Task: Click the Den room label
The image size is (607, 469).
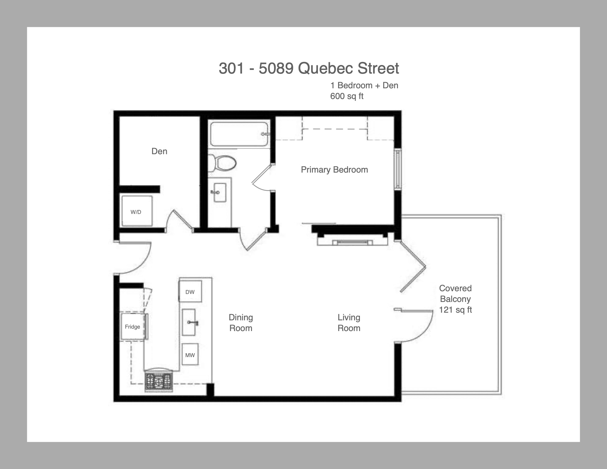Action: pos(159,151)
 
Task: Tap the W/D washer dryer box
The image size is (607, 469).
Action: pos(137,211)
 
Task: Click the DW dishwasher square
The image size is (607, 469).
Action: pos(190,292)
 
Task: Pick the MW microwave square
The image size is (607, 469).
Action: pos(190,355)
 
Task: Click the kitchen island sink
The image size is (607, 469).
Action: pos(189,322)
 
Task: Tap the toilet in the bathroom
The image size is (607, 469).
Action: pos(222,162)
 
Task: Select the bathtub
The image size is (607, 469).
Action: pos(239,134)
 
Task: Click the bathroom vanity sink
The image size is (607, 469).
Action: pos(220,193)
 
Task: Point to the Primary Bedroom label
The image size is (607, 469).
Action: pos(334,170)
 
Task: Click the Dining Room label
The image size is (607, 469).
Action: pos(241,323)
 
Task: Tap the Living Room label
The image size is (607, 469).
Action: pos(349,323)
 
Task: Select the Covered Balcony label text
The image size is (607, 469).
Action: pos(455,293)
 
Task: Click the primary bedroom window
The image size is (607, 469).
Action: pos(398,169)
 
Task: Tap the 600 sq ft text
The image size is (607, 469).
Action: pos(347,96)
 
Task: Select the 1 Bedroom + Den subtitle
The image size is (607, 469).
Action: pos(364,85)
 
